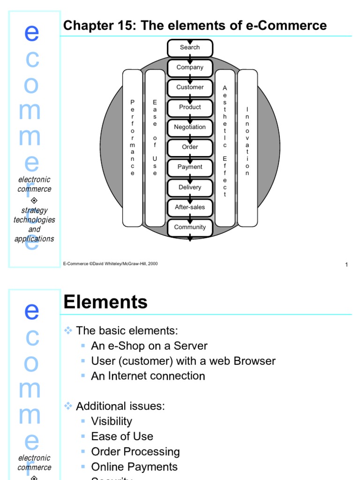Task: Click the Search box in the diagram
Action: [190, 48]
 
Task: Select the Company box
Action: [190, 67]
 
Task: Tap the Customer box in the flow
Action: [190, 88]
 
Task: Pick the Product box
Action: [190, 107]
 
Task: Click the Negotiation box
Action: [190, 127]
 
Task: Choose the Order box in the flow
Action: [190, 147]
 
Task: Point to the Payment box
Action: [190, 167]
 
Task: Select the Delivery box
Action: [190, 187]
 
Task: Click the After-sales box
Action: [190, 207]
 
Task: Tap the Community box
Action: [190, 227]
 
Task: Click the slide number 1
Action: [346, 265]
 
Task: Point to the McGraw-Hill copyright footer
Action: [111, 264]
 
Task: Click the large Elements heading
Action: [105, 302]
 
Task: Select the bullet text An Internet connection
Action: [148, 376]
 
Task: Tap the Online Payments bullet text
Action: [135, 467]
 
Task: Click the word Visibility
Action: [112, 421]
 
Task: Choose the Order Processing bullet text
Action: [135, 452]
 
